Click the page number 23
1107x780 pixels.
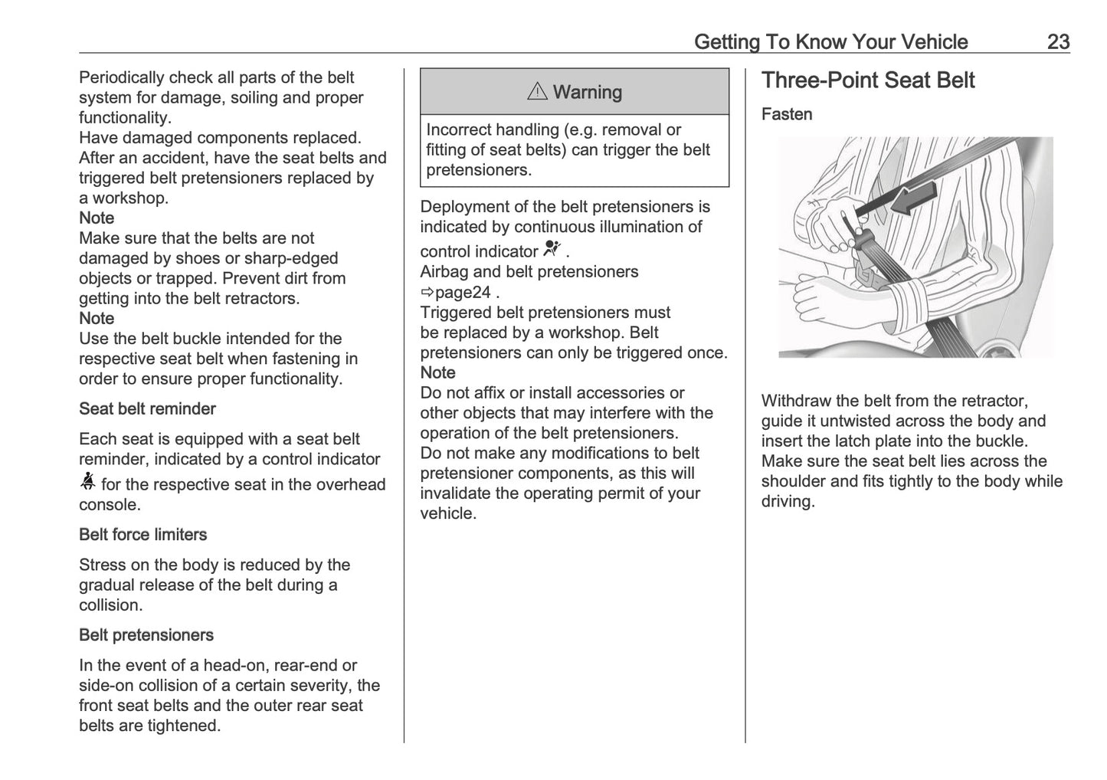[x=1057, y=41]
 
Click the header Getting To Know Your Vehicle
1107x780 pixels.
[x=830, y=41]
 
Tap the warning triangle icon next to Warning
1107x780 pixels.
[x=537, y=92]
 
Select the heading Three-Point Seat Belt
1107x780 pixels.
[x=867, y=80]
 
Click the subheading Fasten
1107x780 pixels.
[x=786, y=114]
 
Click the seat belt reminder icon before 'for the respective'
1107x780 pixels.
[x=87, y=482]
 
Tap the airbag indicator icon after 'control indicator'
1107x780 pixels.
[x=552, y=248]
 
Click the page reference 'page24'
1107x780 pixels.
[x=463, y=292]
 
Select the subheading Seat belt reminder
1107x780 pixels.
[x=147, y=408]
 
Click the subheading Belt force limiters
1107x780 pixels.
[x=142, y=534]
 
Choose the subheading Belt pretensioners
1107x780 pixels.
[x=146, y=634]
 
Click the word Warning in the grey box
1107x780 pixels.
[x=587, y=92]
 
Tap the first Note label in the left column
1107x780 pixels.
[x=97, y=218]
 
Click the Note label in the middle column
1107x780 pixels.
[x=437, y=372]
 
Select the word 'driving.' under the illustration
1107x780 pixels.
[x=788, y=501]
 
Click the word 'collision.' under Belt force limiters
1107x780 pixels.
[x=110, y=605]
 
